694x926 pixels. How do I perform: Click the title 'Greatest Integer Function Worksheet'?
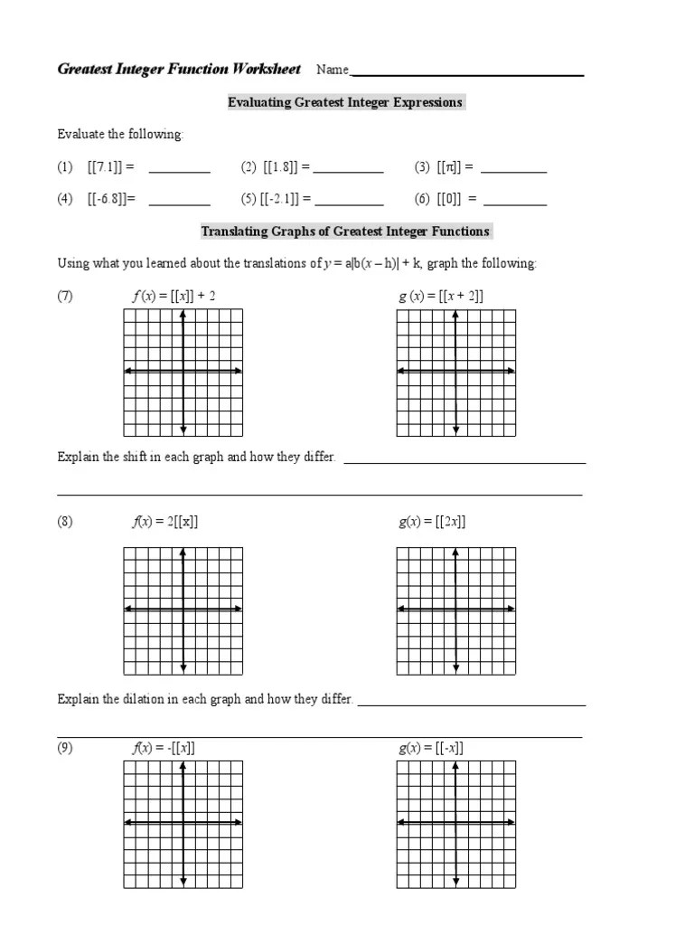179,70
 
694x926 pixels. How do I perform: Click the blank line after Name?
466,74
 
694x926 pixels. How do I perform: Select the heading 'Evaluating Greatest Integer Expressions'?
344,102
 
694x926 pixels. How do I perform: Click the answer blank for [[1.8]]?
348,170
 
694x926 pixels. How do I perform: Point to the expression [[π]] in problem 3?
449,167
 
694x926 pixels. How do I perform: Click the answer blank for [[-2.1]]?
348,203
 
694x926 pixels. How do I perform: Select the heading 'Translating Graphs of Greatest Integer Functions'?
344,231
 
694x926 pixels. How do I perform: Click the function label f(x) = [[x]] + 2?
174,296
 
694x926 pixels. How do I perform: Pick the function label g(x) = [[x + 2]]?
441,296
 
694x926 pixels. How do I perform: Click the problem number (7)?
65,296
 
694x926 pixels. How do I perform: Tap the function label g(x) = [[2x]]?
432,522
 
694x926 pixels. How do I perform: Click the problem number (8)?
65,522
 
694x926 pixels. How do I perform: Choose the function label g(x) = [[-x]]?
431,748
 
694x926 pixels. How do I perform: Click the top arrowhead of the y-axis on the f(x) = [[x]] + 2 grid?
183,314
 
